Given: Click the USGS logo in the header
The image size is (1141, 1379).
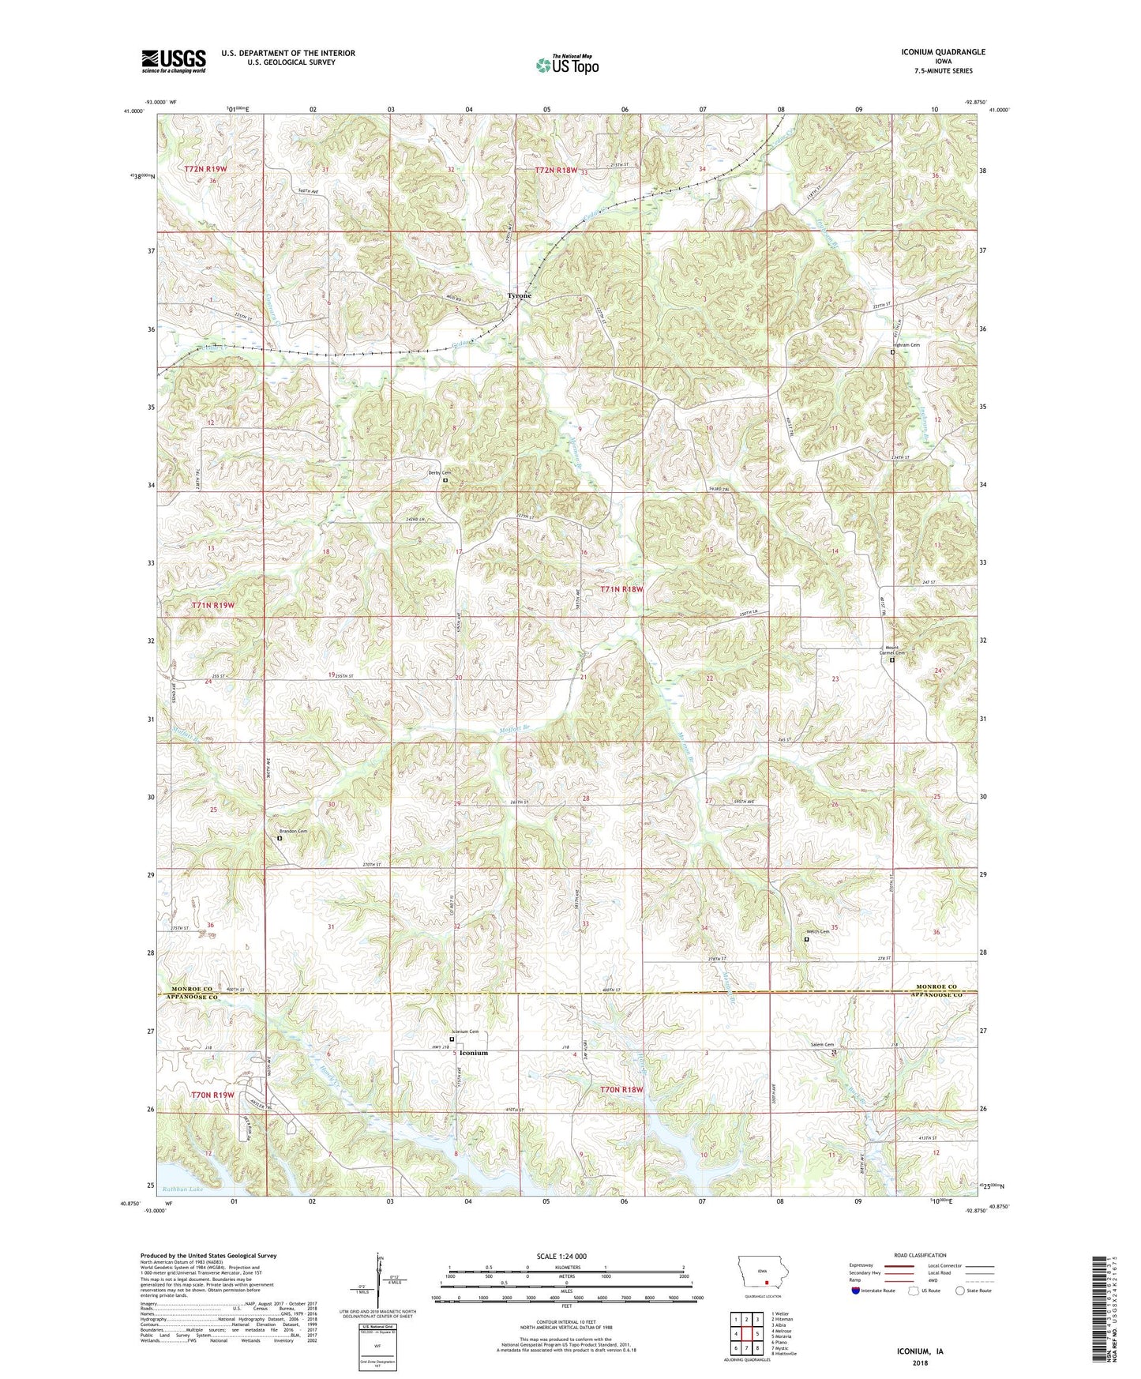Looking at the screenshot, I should pyautogui.click(x=174, y=60).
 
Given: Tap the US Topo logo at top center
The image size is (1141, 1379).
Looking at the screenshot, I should pyautogui.click(x=567, y=65).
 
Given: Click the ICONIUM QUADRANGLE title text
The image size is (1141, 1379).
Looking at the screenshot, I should pyautogui.click(x=943, y=52).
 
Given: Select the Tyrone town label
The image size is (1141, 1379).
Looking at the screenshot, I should pyautogui.click(x=519, y=295).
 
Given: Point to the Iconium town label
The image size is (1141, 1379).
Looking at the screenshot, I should pyautogui.click(x=474, y=1053).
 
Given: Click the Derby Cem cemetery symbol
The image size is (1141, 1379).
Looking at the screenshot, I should pyautogui.click(x=445, y=480).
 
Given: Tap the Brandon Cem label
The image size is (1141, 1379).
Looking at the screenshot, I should pyautogui.click(x=293, y=831).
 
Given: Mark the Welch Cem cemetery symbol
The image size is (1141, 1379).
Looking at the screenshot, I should pyautogui.click(x=806, y=940).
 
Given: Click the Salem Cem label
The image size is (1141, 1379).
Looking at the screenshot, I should pyautogui.click(x=823, y=1044).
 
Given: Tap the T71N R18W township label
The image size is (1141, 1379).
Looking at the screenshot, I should pyautogui.click(x=621, y=589).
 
